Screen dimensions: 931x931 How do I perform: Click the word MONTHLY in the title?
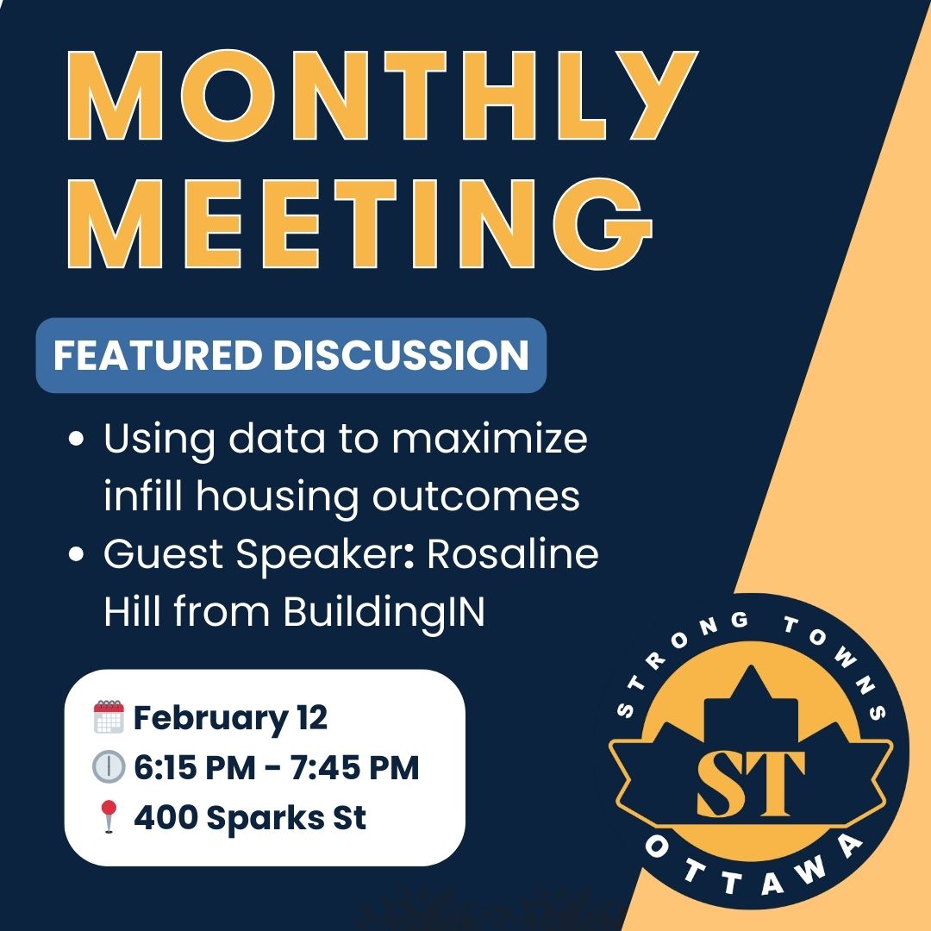(x=383, y=95)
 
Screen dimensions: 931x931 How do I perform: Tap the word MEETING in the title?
(x=359, y=224)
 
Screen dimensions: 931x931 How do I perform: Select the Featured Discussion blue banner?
(x=291, y=355)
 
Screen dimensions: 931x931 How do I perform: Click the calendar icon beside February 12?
(x=109, y=716)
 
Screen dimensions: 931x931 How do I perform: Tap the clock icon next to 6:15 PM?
(x=109, y=766)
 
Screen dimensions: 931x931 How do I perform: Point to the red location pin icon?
(x=108, y=816)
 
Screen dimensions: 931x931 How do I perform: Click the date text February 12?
(x=230, y=718)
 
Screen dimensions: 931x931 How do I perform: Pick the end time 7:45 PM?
(x=354, y=767)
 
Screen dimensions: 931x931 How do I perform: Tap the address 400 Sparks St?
(x=249, y=817)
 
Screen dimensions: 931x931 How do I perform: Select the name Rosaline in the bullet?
(x=512, y=554)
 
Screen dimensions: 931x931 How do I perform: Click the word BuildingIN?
(x=384, y=611)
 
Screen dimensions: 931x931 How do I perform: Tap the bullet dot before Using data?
(x=76, y=440)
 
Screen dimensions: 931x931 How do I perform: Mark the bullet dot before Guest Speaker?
(x=76, y=554)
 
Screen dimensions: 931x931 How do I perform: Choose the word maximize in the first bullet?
(x=490, y=439)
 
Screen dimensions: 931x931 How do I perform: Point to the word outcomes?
(x=476, y=497)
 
